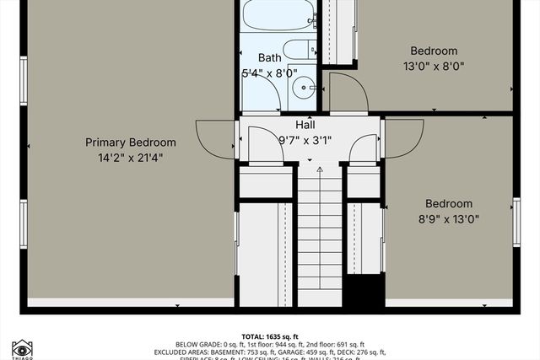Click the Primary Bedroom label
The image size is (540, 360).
coord(131,142)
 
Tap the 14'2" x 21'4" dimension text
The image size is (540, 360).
coord(131,157)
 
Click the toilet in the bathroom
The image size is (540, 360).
coord(297,50)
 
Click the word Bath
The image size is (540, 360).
coord(269,58)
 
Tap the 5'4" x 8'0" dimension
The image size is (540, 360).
coord(269,73)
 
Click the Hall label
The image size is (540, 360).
coord(305,124)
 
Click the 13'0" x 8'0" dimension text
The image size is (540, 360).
coord(434,66)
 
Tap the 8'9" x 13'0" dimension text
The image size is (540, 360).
coord(448,218)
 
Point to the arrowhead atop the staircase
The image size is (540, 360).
coord(320,169)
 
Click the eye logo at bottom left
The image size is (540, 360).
coord(22,347)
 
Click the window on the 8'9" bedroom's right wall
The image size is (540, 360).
coord(516,222)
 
